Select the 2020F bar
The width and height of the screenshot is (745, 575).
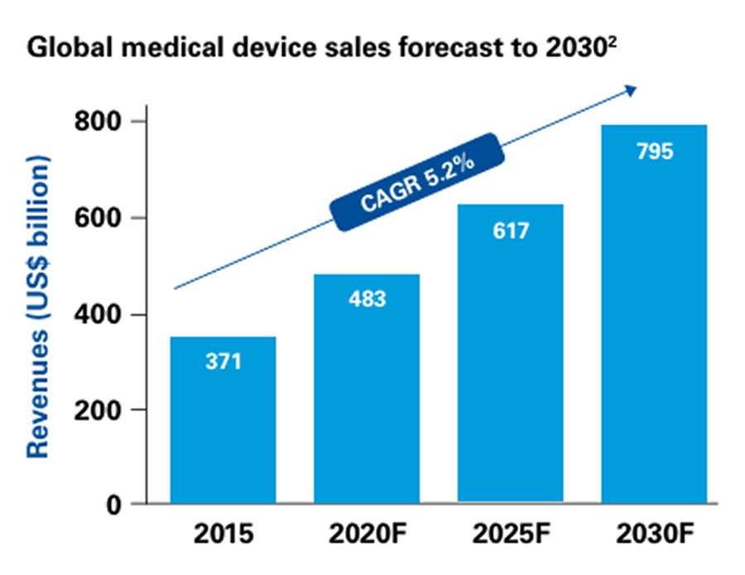(x=368, y=389)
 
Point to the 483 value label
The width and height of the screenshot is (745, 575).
(x=368, y=298)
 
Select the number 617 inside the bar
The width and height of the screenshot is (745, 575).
(x=511, y=230)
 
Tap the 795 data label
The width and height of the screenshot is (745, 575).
(x=655, y=152)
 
